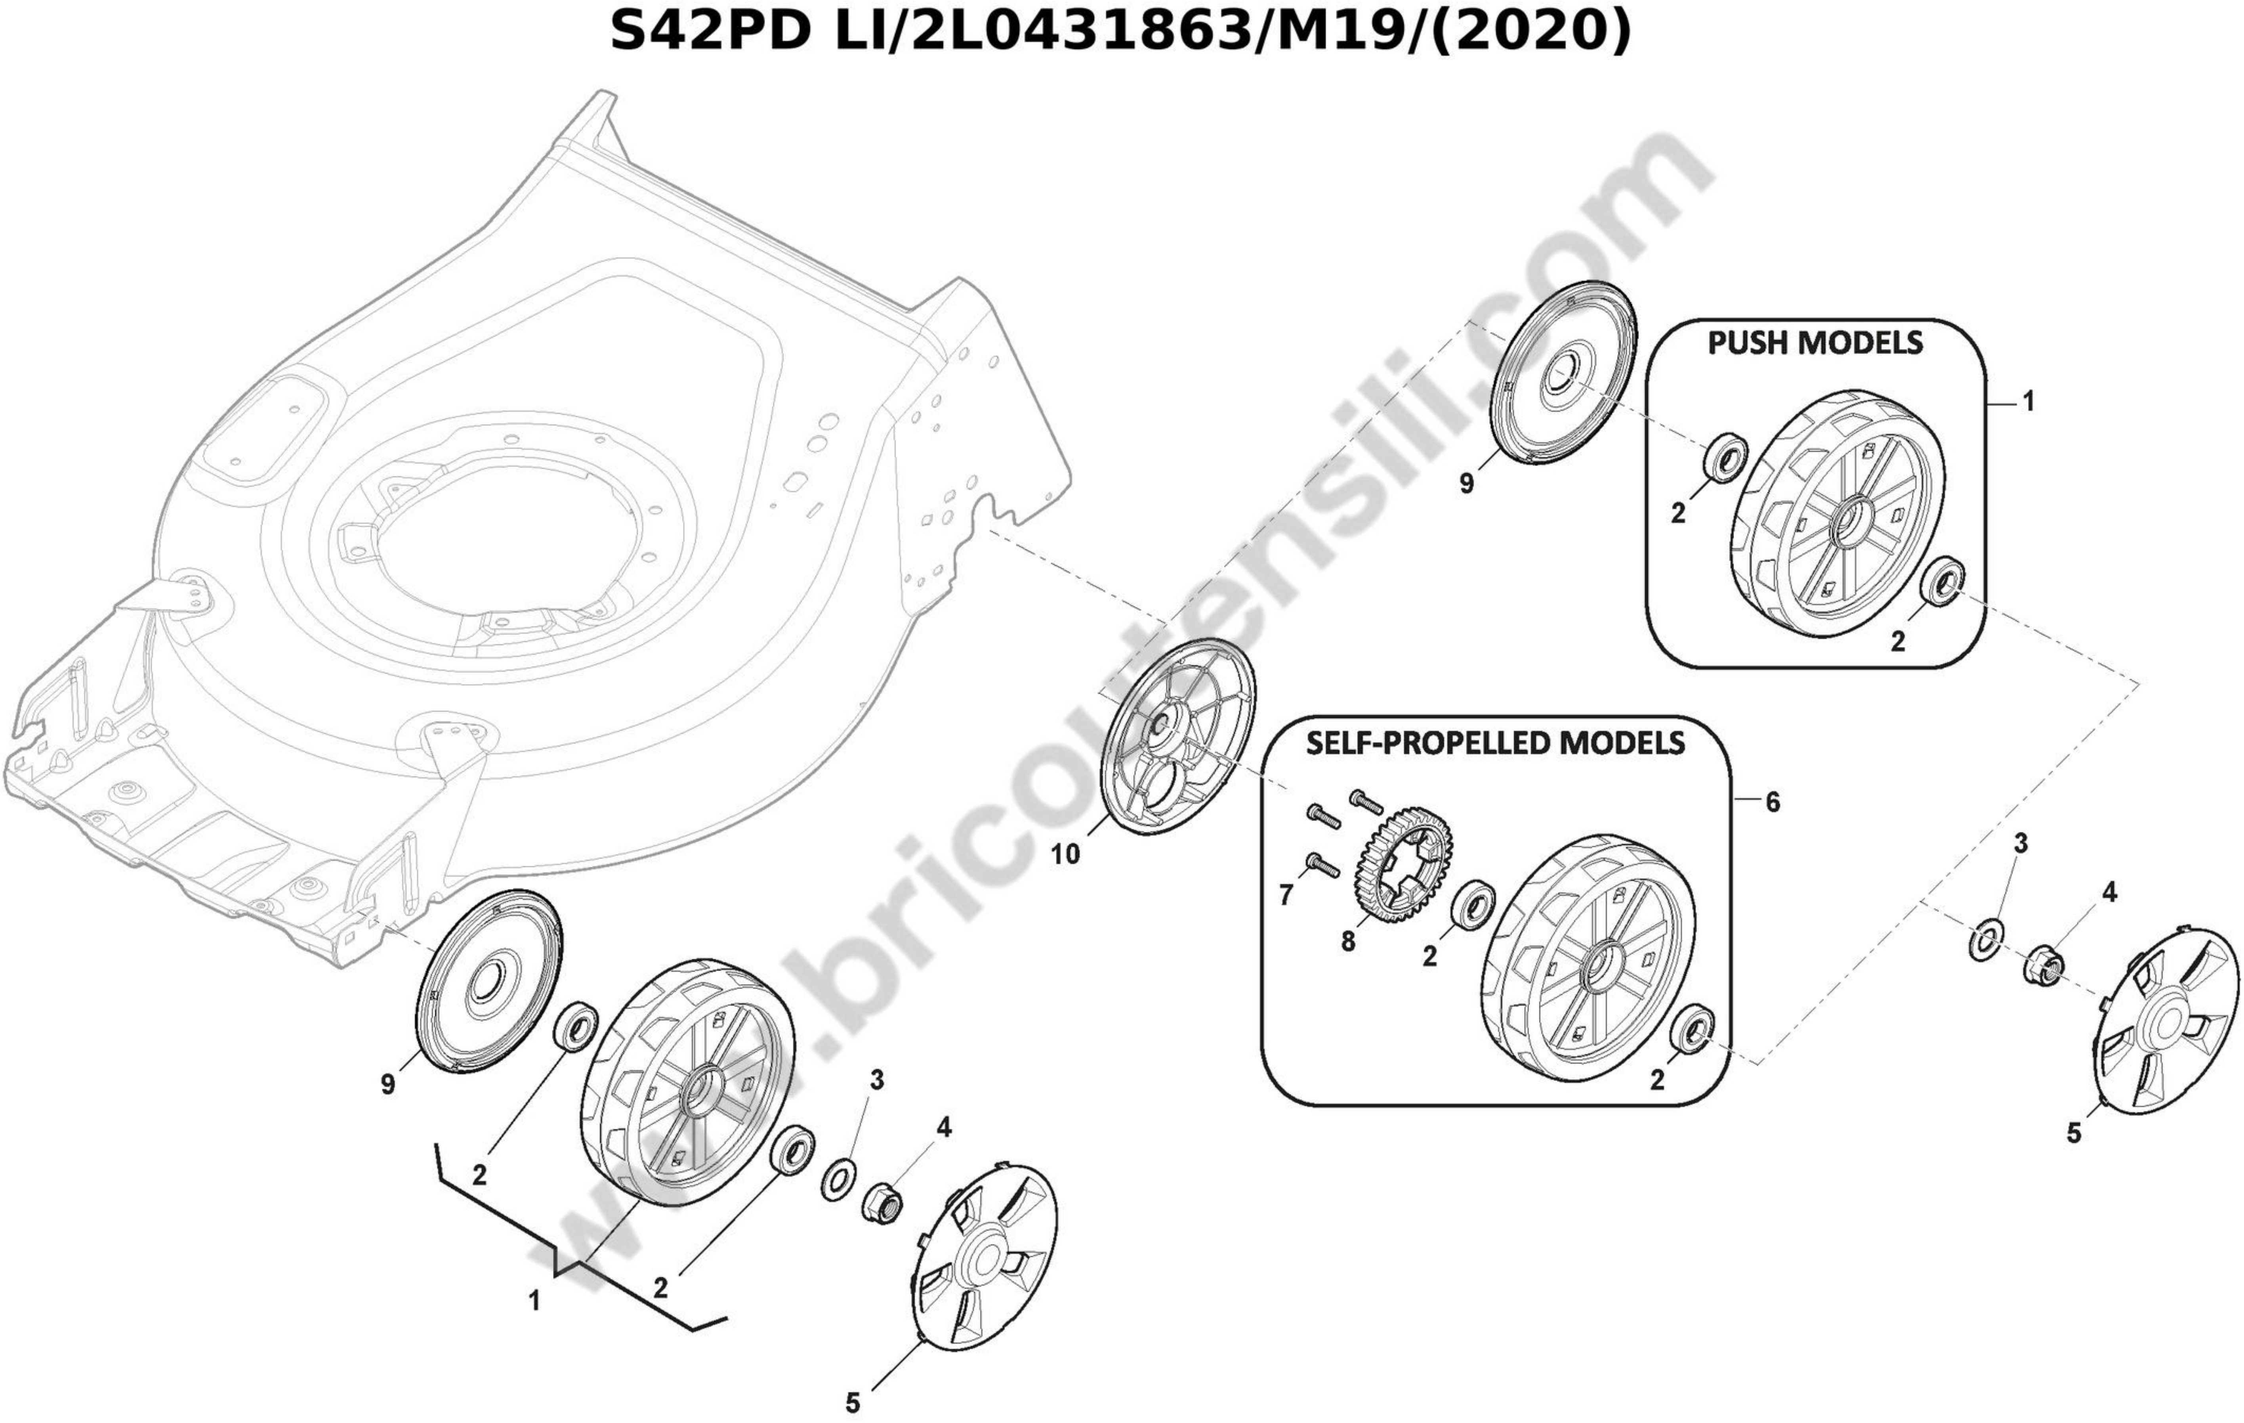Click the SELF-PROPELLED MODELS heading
pos(1496,743)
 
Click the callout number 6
pos(1773,801)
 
